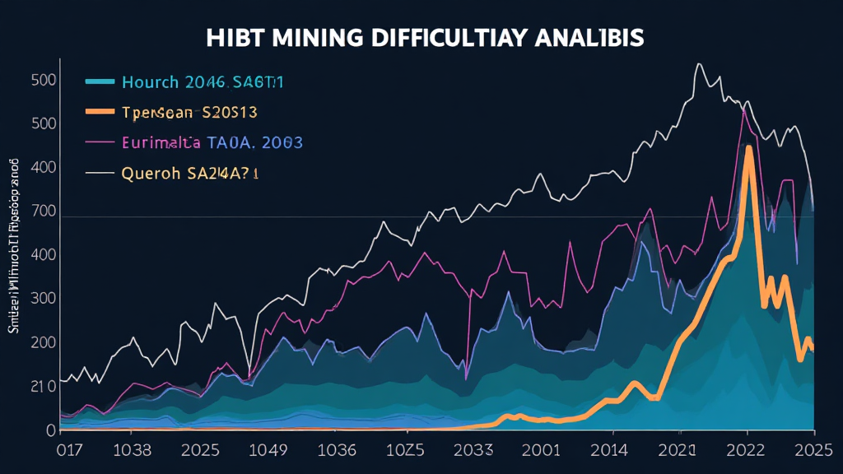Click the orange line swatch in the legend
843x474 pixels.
tap(99, 111)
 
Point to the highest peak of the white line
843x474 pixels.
tap(698, 64)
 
